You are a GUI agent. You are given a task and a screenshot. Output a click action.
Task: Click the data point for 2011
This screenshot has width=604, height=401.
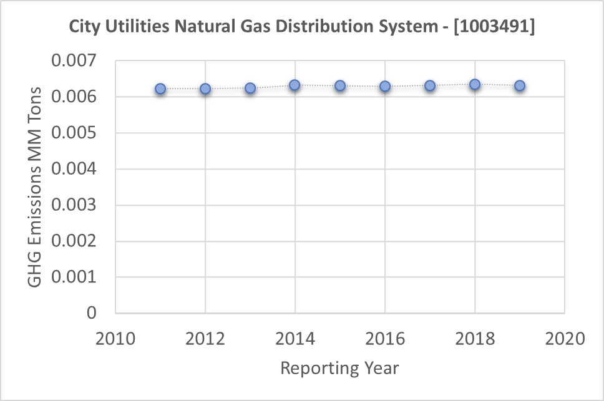pyautogui.click(x=160, y=89)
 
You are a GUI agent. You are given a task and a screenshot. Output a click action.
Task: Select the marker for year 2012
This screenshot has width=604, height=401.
pyautogui.click(x=205, y=89)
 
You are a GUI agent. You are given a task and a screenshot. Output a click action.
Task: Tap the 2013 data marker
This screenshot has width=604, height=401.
pyautogui.click(x=250, y=88)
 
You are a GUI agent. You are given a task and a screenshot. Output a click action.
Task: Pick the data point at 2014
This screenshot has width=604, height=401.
pyautogui.click(x=295, y=85)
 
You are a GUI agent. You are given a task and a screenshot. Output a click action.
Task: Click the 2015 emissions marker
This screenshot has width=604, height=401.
pyautogui.click(x=340, y=85)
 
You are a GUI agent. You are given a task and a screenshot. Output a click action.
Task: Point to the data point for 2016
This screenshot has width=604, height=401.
pyautogui.click(x=385, y=86)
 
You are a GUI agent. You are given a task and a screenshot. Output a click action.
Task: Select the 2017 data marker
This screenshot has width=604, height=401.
pyautogui.click(x=430, y=85)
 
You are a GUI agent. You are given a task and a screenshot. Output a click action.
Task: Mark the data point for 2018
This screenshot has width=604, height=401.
pyautogui.click(x=475, y=84)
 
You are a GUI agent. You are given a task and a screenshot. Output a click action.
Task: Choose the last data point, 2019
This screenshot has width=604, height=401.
pyautogui.click(x=520, y=85)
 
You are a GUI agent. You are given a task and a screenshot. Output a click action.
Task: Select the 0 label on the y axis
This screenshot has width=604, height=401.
pyautogui.click(x=91, y=313)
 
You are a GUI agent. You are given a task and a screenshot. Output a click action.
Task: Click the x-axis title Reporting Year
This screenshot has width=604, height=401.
pyautogui.click(x=339, y=368)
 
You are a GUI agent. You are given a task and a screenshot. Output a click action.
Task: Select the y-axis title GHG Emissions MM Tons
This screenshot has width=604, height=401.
pyautogui.click(x=36, y=187)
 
